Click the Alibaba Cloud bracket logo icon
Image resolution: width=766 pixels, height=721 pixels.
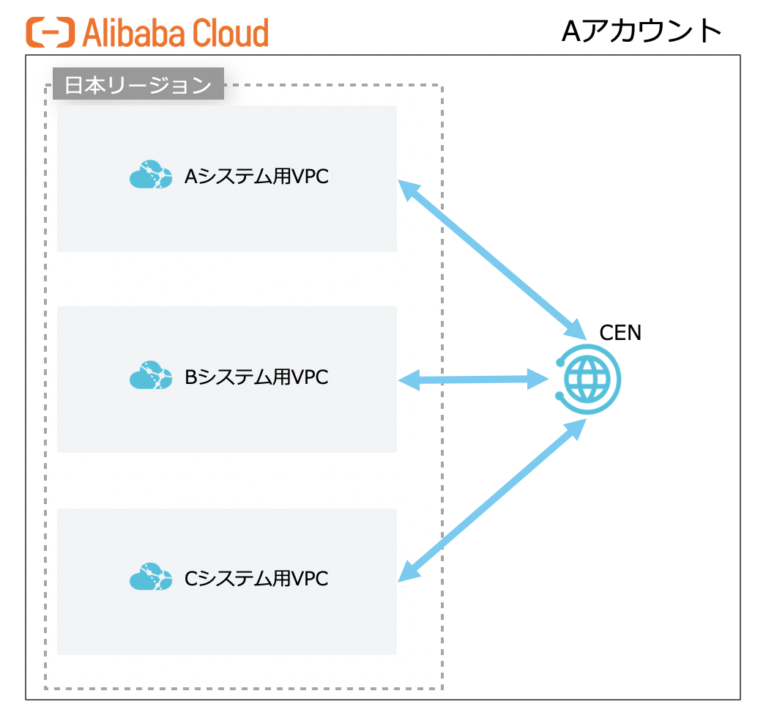click(x=51, y=33)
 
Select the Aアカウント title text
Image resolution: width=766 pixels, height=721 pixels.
click(x=642, y=31)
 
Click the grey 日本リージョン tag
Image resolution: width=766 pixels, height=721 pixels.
click(x=138, y=84)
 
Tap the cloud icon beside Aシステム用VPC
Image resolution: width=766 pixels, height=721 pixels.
click(x=151, y=175)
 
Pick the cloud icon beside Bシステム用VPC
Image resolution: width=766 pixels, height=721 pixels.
click(x=151, y=376)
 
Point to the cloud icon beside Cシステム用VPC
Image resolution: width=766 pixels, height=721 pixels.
click(x=151, y=577)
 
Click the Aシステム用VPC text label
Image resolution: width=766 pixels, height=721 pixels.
click(x=256, y=177)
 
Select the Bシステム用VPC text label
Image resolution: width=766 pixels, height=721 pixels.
click(x=256, y=377)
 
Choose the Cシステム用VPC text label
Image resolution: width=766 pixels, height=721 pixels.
click(x=256, y=579)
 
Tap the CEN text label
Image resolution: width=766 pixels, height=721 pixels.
click(x=620, y=333)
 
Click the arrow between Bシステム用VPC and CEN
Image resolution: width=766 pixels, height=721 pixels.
click(x=475, y=380)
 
